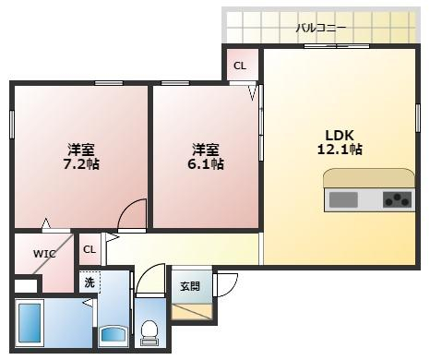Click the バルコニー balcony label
tap(321, 28)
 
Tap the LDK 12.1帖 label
tap(340, 142)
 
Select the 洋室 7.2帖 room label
tap(81, 157)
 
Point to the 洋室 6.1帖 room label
tap(206, 157)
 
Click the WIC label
tap(44, 254)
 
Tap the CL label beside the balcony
tap(240, 66)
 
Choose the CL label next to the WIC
tap(90, 249)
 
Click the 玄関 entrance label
tap(190, 286)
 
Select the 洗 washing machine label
tap(90, 282)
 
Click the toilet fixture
tap(149, 333)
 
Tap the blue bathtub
tap(30, 323)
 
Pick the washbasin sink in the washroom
tap(113, 334)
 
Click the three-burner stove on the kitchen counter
tap(398, 199)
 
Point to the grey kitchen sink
tap(343, 199)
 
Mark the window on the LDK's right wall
tap(418, 118)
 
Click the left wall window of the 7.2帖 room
tap(12, 125)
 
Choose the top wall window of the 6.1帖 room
tap(175, 83)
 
